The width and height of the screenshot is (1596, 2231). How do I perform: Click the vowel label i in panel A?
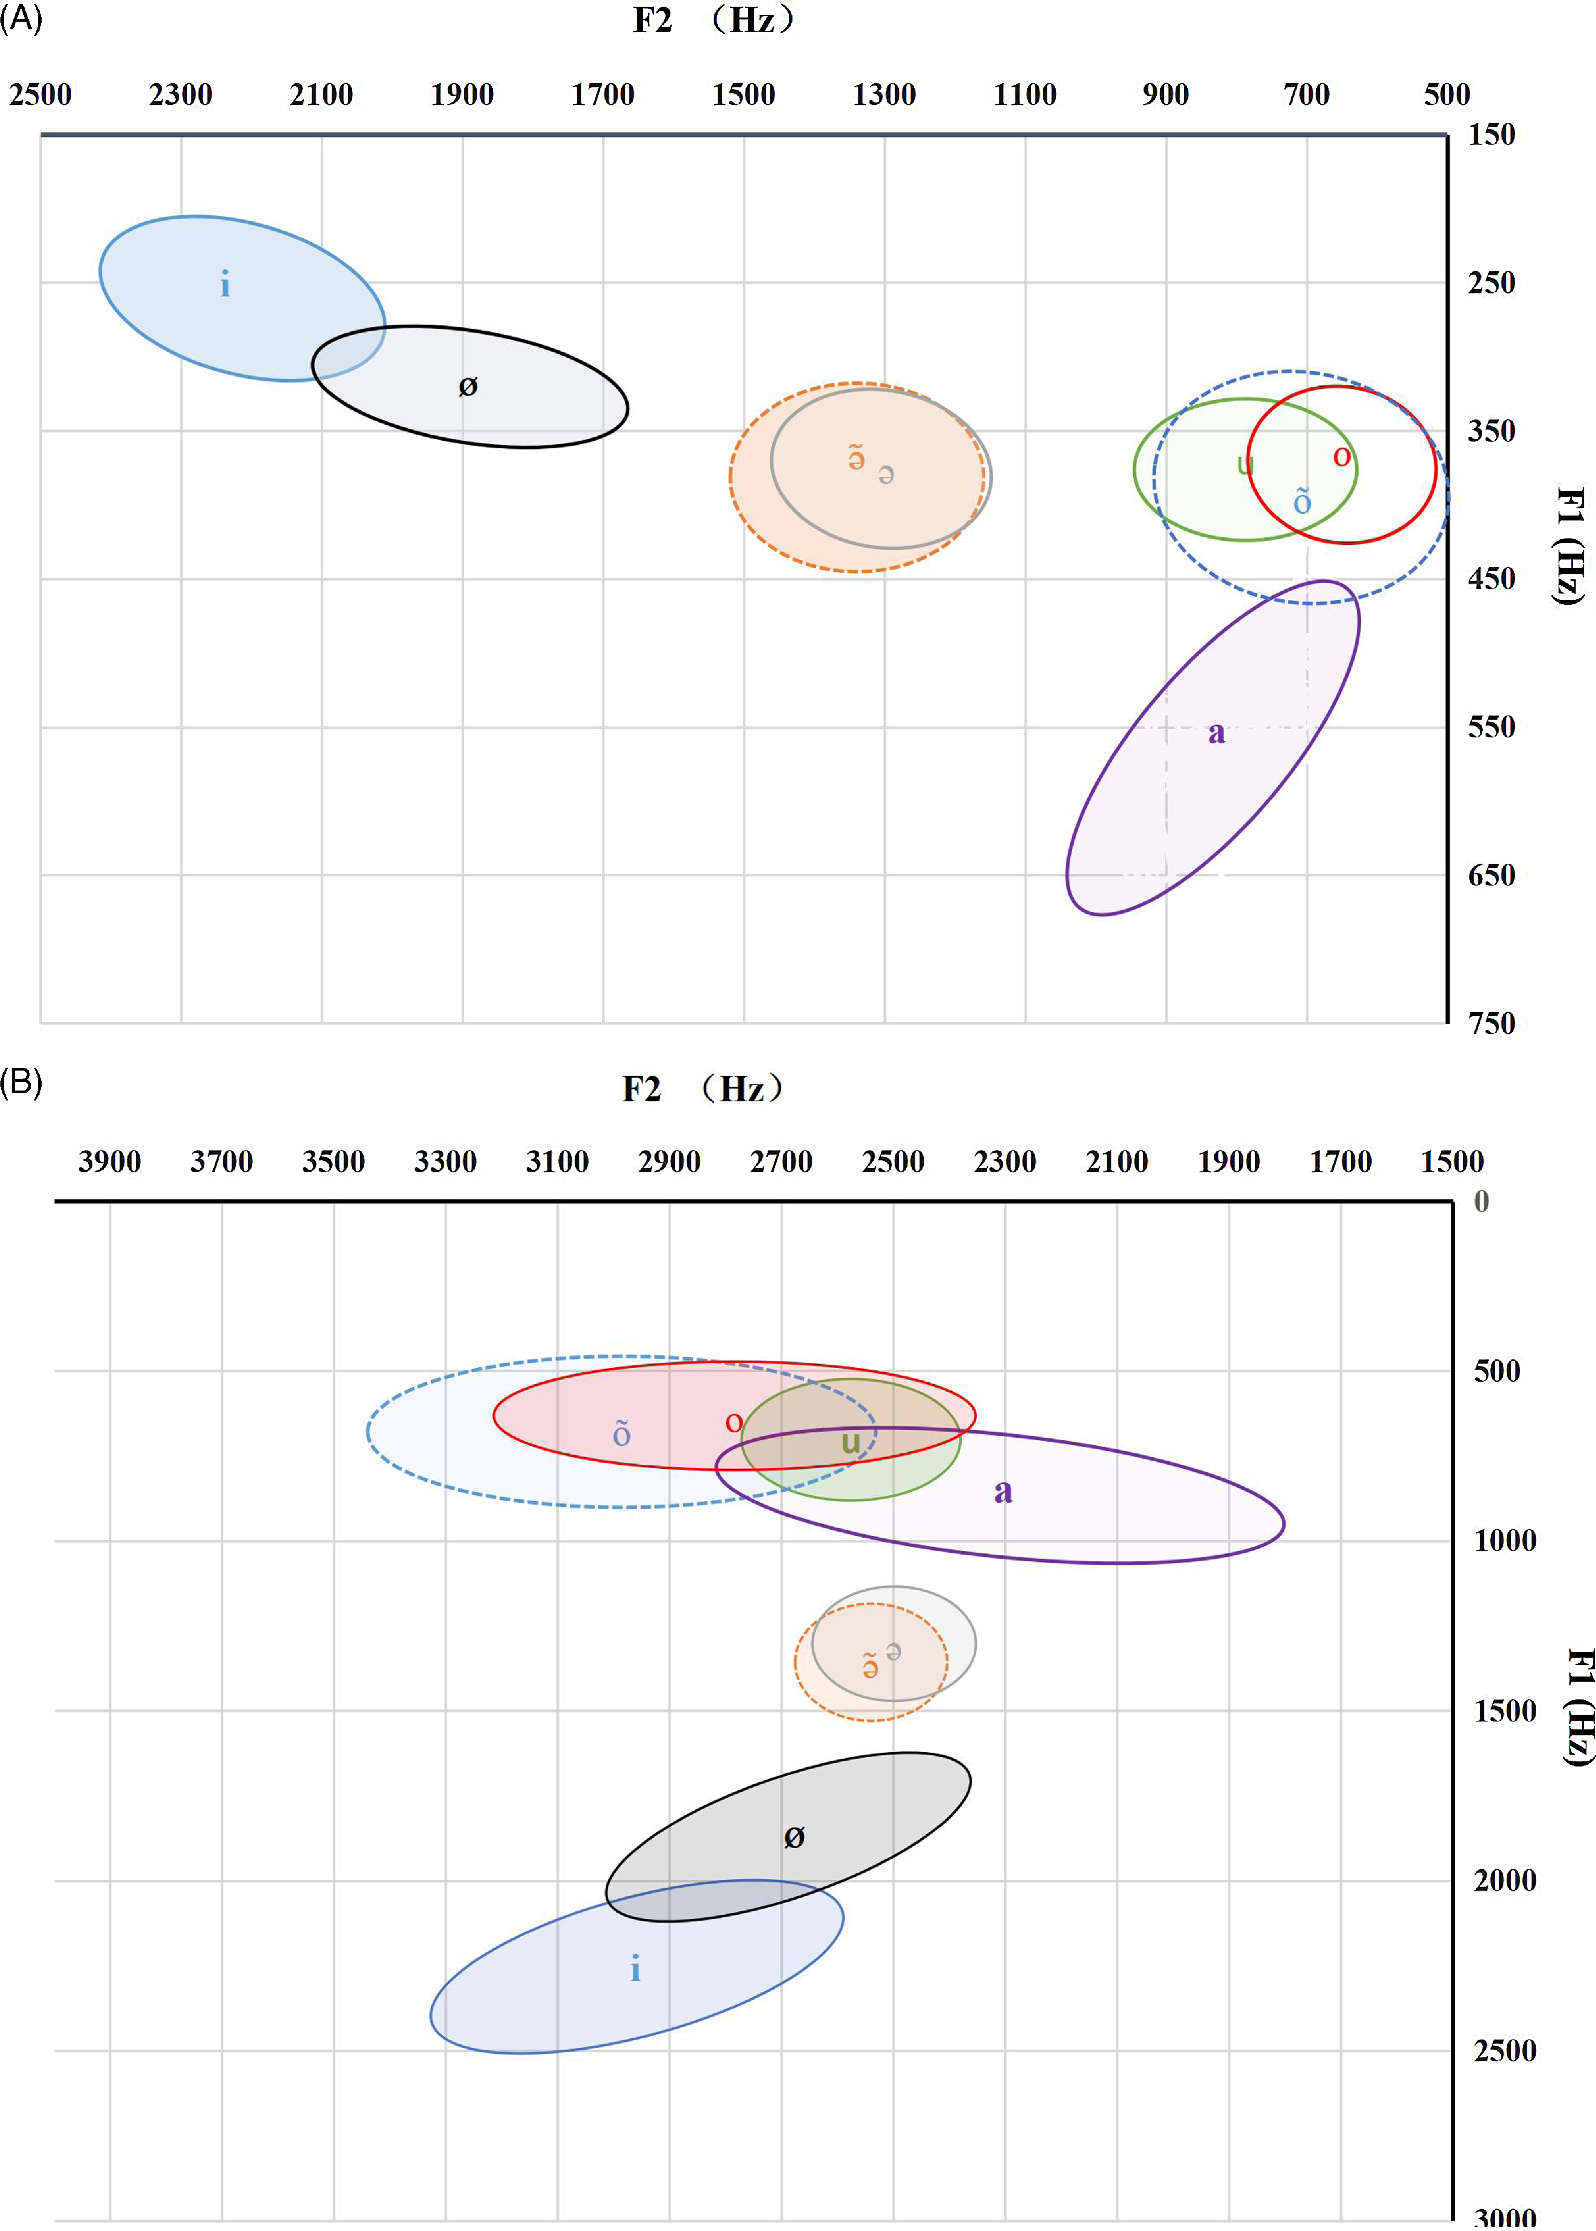coord(225,285)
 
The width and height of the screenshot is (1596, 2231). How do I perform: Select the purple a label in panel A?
coord(1217,733)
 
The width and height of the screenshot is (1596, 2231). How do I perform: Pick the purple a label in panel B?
coord(1002,1491)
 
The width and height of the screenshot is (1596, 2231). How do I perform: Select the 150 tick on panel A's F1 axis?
coord(1491,134)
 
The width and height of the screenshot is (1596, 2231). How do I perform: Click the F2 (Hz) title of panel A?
coord(713,20)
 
